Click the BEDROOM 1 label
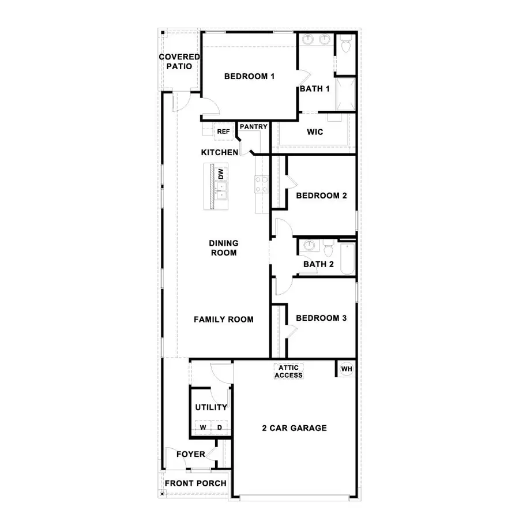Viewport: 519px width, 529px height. (x=249, y=76)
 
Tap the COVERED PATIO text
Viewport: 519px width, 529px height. (x=179, y=61)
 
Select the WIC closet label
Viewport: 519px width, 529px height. (x=315, y=132)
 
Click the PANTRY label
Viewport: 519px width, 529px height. (x=254, y=126)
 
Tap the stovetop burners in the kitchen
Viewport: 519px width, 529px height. (x=262, y=184)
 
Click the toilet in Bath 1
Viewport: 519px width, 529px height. (x=346, y=44)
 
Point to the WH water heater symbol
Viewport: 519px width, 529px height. (x=346, y=369)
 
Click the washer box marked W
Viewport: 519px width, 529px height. (x=203, y=427)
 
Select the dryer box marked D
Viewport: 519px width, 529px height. (x=219, y=427)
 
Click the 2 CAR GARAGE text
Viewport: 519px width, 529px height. (x=294, y=428)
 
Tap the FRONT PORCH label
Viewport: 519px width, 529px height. (x=195, y=483)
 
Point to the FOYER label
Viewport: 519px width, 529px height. (x=190, y=454)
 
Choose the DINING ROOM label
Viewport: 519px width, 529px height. (x=224, y=248)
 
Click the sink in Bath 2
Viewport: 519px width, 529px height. (x=310, y=246)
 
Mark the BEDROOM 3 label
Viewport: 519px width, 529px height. (x=321, y=318)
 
